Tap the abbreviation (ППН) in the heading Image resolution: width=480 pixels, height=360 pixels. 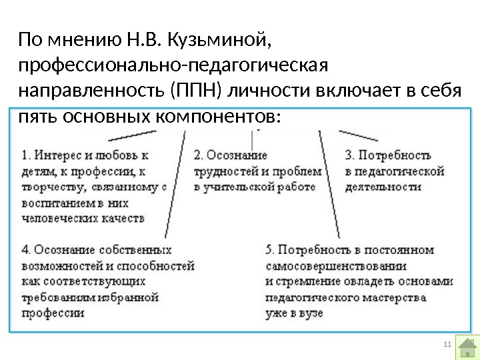pyautogui.click(x=189, y=91)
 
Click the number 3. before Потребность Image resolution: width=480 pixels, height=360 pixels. pyautogui.click(x=349, y=155)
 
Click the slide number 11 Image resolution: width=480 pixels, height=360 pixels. pyautogui.click(x=447, y=344)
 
